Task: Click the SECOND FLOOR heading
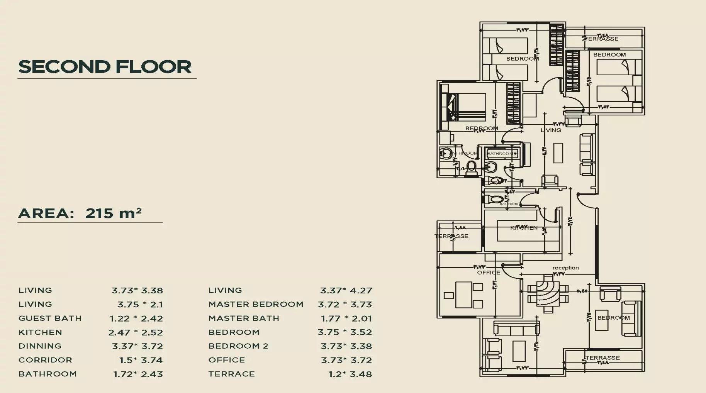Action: tap(105, 67)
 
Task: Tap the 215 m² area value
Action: tap(113, 213)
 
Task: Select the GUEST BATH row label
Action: tap(50, 318)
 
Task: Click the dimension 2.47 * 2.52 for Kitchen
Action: tap(136, 332)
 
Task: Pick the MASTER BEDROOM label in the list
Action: tap(256, 304)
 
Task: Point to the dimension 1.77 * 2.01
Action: tap(346, 318)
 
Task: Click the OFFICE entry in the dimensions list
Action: tap(226, 360)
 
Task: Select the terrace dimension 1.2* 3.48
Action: tap(350, 374)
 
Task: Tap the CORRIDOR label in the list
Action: tap(45, 360)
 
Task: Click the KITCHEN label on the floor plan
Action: tap(524, 228)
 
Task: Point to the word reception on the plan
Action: tap(565, 268)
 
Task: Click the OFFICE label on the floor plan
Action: tap(489, 273)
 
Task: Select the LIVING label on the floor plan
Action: tap(551, 130)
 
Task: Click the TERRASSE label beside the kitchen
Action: tap(451, 236)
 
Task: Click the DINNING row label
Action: tap(40, 346)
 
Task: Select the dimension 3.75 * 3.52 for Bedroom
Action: tap(345, 332)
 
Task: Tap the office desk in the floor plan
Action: tap(463, 295)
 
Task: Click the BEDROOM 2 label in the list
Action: tap(238, 346)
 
